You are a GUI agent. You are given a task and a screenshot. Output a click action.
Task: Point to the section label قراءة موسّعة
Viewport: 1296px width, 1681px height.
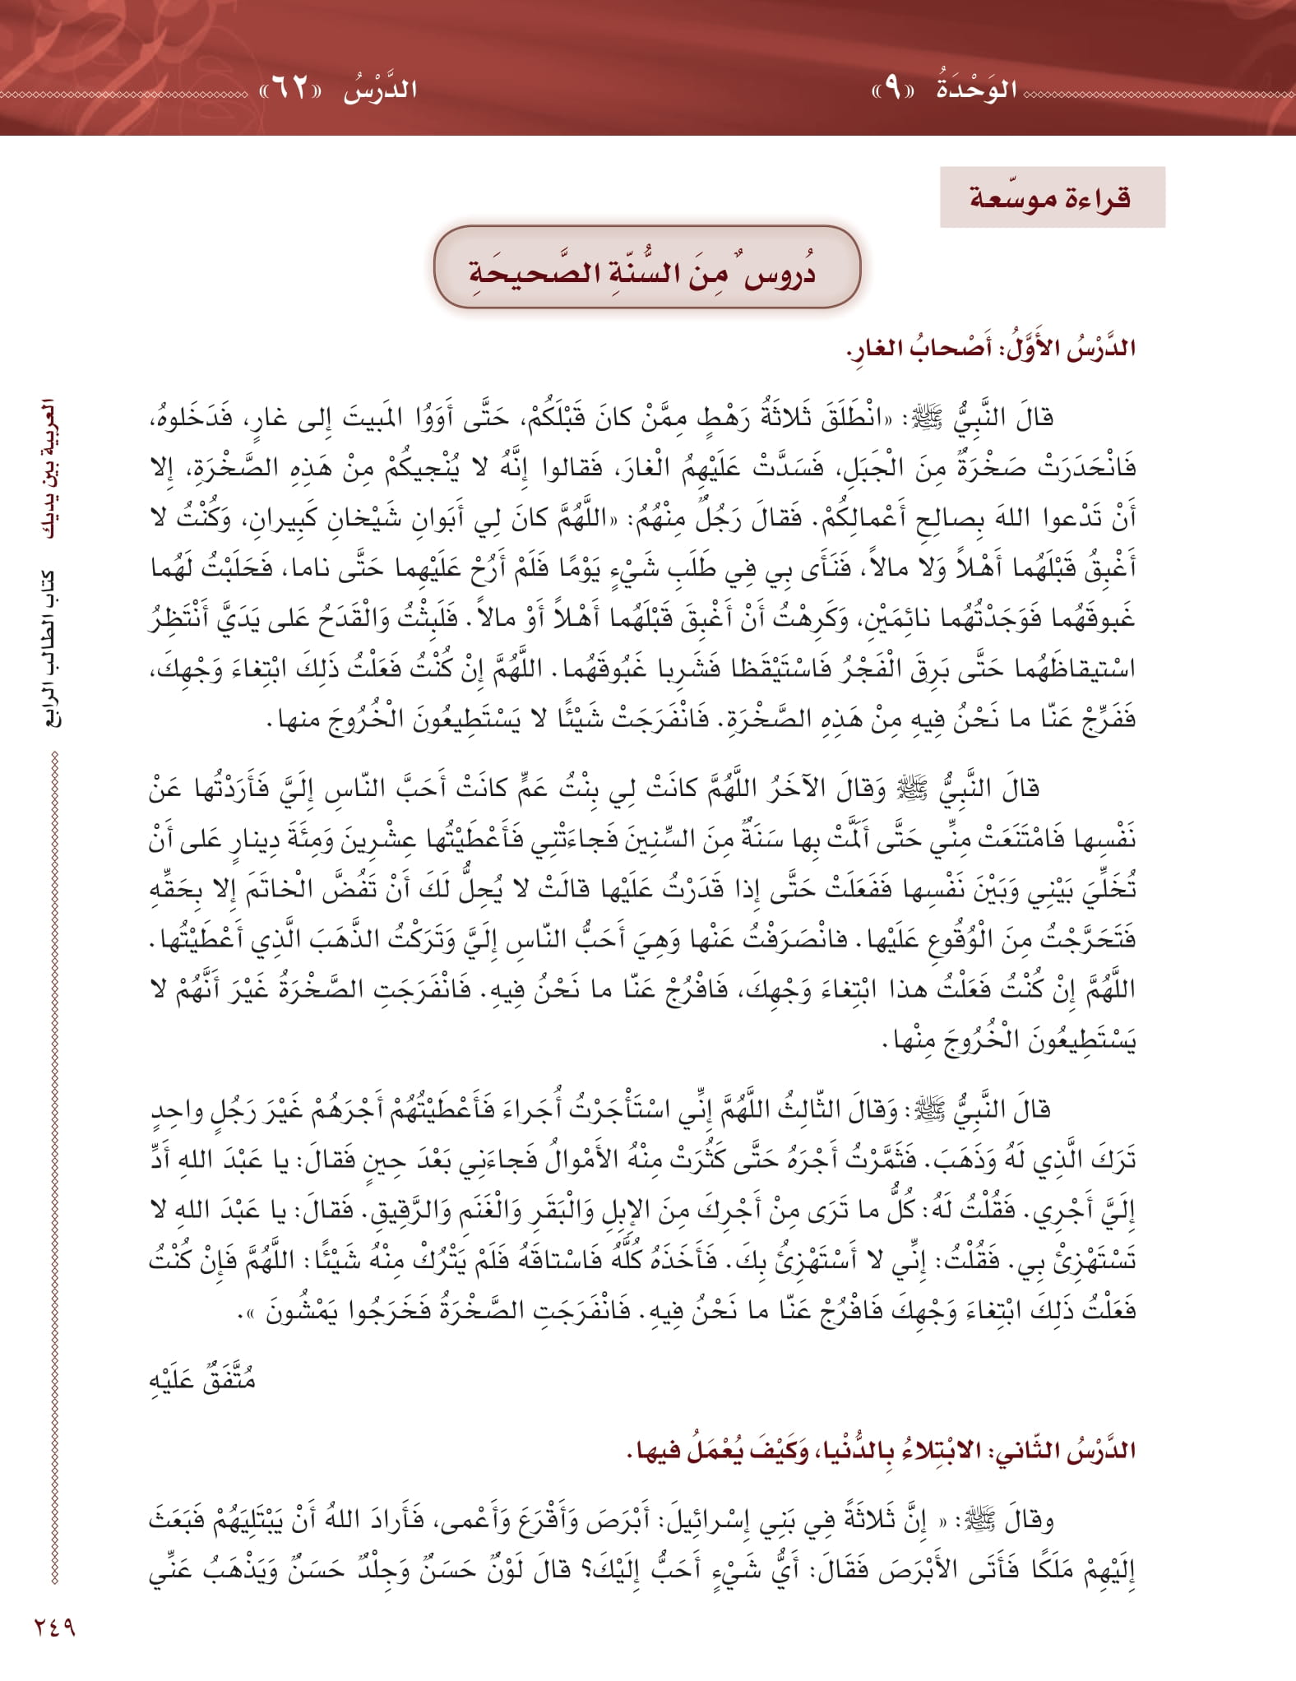click(x=1052, y=198)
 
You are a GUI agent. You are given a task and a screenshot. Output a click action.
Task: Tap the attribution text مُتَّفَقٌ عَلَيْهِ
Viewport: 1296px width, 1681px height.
click(x=203, y=1379)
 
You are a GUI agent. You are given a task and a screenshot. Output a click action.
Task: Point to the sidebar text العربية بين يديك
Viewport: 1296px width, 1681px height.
click(x=50, y=469)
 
